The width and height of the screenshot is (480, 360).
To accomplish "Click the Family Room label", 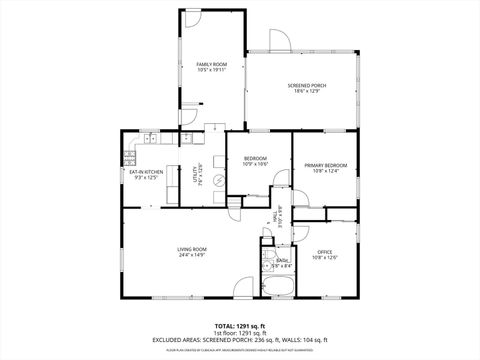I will click(x=211, y=64).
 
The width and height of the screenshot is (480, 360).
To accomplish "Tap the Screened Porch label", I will click(x=307, y=85).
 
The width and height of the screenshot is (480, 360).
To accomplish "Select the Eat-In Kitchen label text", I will click(x=147, y=171).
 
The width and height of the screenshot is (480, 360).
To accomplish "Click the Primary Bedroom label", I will click(x=327, y=164).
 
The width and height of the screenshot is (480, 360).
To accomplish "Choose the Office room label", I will click(x=324, y=251).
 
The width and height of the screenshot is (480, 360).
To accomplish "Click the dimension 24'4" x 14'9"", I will click(x=192, y=255).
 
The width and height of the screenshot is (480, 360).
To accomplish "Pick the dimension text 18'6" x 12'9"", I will click(x=307, y=92).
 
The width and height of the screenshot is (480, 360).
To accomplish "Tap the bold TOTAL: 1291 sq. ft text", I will click(x=239, y=326).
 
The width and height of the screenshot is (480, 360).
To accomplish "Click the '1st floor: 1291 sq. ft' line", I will click(x=239, y=333).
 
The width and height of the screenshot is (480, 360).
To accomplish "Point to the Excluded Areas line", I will click(x=239, y=341).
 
